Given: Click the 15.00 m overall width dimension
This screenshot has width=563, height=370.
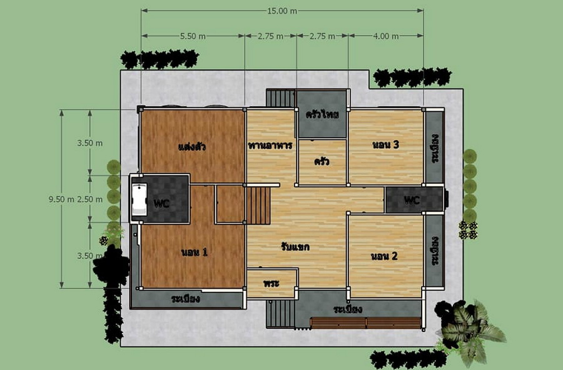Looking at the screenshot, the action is click(x=282, y=11).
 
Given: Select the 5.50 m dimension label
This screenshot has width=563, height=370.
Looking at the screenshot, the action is click(x=193, y=36).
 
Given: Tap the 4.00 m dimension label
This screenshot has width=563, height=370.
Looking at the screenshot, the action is click(x=385, y=36).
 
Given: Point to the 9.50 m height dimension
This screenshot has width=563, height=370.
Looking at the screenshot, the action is click(x=61, y=199).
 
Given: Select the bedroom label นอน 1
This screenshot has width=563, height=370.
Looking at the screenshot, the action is click(x=195, y=252).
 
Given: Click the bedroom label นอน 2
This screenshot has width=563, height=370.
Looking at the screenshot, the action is click(x=384, y=256).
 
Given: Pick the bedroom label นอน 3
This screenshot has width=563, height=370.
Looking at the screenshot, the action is click(x=385, y=144).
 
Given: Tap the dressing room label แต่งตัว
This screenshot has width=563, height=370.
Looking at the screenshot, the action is click(x=192, y=147).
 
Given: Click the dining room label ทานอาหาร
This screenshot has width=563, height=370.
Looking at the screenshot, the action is click(x=270, y=146).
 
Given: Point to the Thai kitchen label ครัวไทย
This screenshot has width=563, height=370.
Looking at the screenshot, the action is click(x=322, y=114).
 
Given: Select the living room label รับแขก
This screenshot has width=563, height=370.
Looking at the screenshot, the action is click(x=295, y=247).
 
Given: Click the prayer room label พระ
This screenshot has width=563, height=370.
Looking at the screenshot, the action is click(x=271, y=283).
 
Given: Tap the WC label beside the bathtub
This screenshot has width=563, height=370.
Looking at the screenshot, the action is click(x=161, y=204).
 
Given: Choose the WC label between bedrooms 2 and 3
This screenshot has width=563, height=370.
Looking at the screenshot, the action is click(x=412, y=200).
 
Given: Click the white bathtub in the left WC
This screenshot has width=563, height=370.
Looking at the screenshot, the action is click(x=139, y=199).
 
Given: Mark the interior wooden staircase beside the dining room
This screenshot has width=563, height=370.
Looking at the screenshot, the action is click(x=258, y=206).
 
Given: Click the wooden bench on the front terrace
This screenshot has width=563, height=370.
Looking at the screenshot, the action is click(x=365, y=323).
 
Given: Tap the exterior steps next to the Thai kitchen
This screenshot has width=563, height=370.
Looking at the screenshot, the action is click(x=280, y=98).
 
